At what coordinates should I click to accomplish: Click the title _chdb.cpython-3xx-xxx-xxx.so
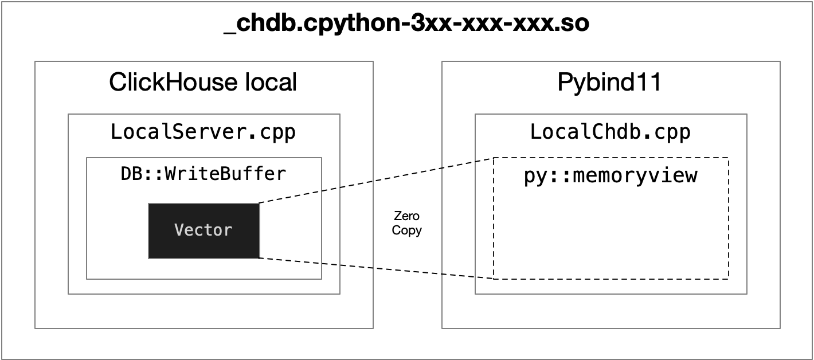tap(406, 24)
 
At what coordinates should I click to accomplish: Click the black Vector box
tap(203, 230)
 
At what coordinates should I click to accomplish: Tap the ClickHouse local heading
tap(203, 83)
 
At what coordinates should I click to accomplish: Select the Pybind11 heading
tap(609, 83)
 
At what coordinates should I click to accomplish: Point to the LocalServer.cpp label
tap(203, 132)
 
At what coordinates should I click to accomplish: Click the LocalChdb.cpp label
tap(610, 132)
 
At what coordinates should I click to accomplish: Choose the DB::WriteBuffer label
tap(203, 174)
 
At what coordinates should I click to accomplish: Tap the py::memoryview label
tap(610, 175)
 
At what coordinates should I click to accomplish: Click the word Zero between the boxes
tap(406, 216)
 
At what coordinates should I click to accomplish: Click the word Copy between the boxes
tap(406, 230)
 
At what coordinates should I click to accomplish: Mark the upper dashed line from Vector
tap(375, 181)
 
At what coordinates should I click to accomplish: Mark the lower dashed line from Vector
tap(375, 268)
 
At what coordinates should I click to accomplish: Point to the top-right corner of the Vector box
tap(259, 204)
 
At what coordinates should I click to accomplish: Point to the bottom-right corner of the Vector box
tap(259, 258)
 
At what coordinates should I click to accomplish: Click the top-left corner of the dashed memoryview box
tap(494, 158)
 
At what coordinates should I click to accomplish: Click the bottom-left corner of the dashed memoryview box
tap(494, 279)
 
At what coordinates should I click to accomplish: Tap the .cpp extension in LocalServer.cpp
tap(276, 132)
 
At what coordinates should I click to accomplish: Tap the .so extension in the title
tap(574, 24)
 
